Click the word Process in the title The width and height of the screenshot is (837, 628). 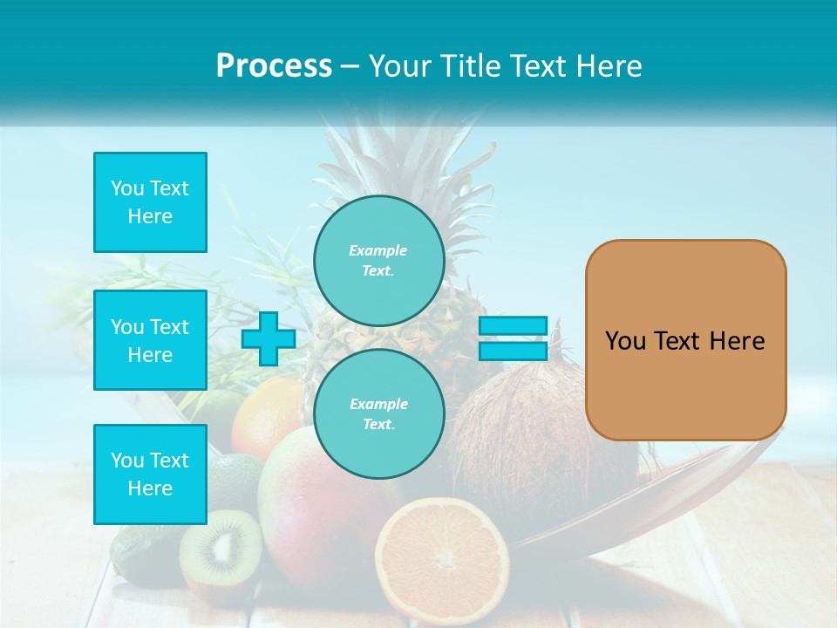274,66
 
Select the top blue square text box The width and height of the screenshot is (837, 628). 150,202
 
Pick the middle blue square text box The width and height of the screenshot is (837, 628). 150,340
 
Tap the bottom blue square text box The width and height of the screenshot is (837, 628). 150,474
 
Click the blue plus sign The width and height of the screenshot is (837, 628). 268,339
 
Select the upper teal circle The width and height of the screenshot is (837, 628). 378,261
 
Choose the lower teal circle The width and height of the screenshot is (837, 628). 378,414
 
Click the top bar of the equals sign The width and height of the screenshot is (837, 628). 513,325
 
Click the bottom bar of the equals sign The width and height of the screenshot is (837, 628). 513,352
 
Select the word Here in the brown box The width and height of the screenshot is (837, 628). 737,341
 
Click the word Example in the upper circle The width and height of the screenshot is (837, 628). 378,250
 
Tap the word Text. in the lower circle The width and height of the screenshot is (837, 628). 378,425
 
